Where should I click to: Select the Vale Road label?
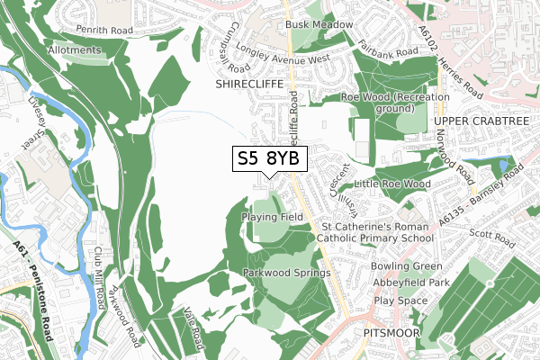[193, 326]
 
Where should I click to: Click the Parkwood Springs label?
[286, 273]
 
